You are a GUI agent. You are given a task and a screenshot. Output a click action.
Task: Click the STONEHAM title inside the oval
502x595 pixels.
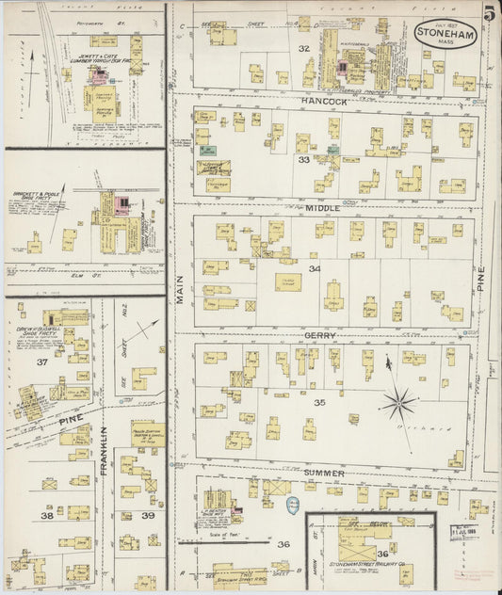(x=445, y=32)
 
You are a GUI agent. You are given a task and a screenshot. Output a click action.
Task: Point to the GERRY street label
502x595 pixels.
(x=320, y=335)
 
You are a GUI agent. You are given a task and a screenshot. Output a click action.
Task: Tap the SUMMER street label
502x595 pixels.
(x=324, y=472)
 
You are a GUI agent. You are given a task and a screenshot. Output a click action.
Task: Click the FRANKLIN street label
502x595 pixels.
(x=105, y=450)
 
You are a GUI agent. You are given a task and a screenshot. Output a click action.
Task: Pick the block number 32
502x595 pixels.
(x=303, y=47)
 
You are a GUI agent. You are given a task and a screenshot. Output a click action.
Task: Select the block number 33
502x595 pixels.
(x=303, y=160)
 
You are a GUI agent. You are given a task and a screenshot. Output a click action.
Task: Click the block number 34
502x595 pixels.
(x=314, y=270)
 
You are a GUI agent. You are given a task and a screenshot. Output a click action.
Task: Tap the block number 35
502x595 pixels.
(x=319, y=402)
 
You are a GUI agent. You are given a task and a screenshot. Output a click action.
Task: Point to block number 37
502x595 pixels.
(x=41, y=362)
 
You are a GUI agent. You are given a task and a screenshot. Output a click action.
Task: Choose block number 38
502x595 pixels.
(x=46, y=515)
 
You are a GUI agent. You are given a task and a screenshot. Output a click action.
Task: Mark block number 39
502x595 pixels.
(x=148, y=515)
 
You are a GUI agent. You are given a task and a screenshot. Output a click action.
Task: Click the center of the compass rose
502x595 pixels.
(x=398, y=405)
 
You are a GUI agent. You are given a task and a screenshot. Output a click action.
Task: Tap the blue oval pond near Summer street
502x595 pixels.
(x=293, y=506)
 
